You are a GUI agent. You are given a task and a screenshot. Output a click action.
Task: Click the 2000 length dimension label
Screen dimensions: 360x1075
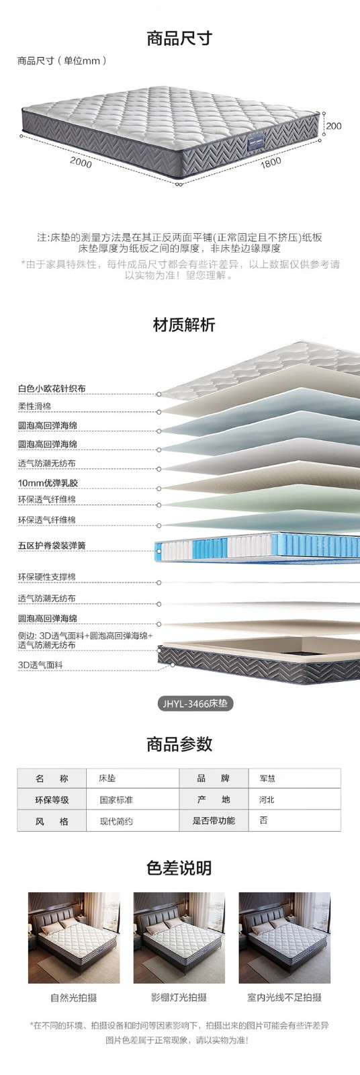point(81,162)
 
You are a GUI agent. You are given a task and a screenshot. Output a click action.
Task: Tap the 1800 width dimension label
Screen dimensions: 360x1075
point(271,162)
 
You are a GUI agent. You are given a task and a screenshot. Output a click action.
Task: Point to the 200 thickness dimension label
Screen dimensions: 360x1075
point(334,126)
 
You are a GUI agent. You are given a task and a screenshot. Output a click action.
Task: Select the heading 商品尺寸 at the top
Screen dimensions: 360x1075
point(179,38)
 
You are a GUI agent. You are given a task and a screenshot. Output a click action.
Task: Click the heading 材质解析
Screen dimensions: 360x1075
point(184,325)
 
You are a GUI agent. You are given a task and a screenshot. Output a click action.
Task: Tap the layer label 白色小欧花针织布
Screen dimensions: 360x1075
point(52,388)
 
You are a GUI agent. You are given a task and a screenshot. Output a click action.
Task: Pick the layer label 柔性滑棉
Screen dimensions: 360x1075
point(34,406)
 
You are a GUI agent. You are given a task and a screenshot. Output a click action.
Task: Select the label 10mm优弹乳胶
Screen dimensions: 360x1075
point(48,483)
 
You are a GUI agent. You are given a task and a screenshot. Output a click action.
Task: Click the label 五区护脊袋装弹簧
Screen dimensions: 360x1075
point(52,545)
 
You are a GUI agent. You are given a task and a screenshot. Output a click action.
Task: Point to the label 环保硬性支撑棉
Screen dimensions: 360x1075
point(47,576)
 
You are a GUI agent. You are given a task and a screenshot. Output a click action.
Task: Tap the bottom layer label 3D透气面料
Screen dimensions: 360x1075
point(40,664)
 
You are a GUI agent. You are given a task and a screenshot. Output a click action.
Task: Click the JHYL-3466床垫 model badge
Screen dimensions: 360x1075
point(195,703)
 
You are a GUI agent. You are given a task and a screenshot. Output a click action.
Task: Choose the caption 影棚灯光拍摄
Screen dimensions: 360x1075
point(179,997)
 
